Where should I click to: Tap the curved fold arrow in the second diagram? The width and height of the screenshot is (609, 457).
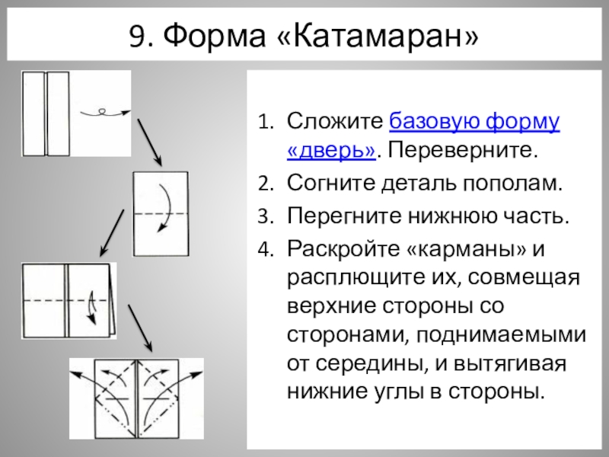tap(164, 206)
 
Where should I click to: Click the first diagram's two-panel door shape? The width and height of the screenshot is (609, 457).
tap(46, 113)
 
